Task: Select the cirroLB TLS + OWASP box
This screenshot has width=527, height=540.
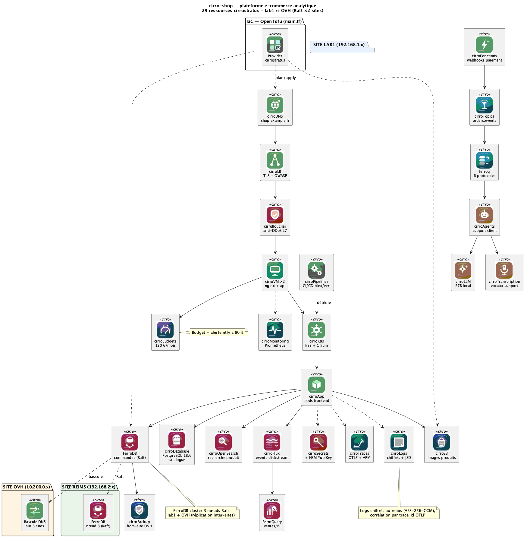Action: tap(275, 162)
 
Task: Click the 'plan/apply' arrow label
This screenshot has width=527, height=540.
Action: tap(286, 78)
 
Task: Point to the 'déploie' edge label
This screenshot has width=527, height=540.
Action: tap(324, 302)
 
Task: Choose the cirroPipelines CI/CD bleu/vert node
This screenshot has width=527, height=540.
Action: tap(316, 272)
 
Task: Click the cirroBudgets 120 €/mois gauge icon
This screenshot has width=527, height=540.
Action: tap(165, 330)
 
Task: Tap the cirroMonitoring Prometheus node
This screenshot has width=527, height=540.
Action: tap(275, 332)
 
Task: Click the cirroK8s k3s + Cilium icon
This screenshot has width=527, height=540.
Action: tap(316, 330)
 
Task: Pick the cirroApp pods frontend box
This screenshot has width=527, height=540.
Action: tap(316, 387)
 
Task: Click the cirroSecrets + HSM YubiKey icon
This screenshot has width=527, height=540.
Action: tap(318, 442)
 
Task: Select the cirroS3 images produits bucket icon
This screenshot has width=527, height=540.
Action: tap(441, 442)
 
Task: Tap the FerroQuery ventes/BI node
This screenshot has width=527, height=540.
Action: tap(272, 513)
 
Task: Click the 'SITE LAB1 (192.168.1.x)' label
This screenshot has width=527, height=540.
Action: tap(339, 45)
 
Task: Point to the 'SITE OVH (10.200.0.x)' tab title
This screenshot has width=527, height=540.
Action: tap(27, 487)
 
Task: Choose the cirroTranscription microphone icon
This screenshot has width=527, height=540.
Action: tap(504, 270)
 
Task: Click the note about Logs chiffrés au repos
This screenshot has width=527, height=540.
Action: tap(399, 513)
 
